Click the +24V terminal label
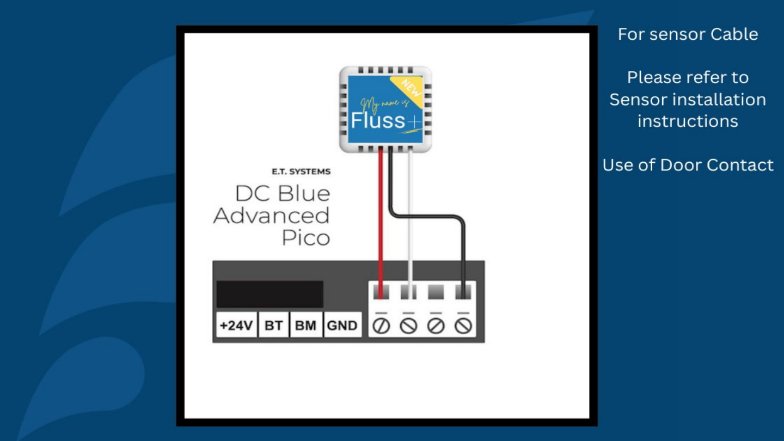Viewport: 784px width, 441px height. (236, 326)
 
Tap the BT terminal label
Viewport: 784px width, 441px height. (273, 326)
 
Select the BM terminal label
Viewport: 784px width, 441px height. (306, 326)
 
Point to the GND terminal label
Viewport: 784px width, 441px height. (342, 326)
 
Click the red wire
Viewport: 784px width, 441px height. (380, 218)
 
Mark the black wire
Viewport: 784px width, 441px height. (430, 216)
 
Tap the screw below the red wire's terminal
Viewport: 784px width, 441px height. (382, 326)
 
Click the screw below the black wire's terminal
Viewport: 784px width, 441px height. (463, 326)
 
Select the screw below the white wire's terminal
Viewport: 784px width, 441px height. (409, 326)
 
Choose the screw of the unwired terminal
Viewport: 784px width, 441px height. (436, 326)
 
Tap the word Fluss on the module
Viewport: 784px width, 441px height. (377, 120)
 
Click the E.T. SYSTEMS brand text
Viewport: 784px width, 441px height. (301, 171)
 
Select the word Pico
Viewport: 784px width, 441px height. (306, 238)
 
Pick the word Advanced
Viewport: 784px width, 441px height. (272, 216)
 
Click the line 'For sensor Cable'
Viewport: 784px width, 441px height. (688, 34)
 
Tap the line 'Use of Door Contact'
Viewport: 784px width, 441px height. (688, 165)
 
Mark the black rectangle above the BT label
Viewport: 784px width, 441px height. (269, 294)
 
